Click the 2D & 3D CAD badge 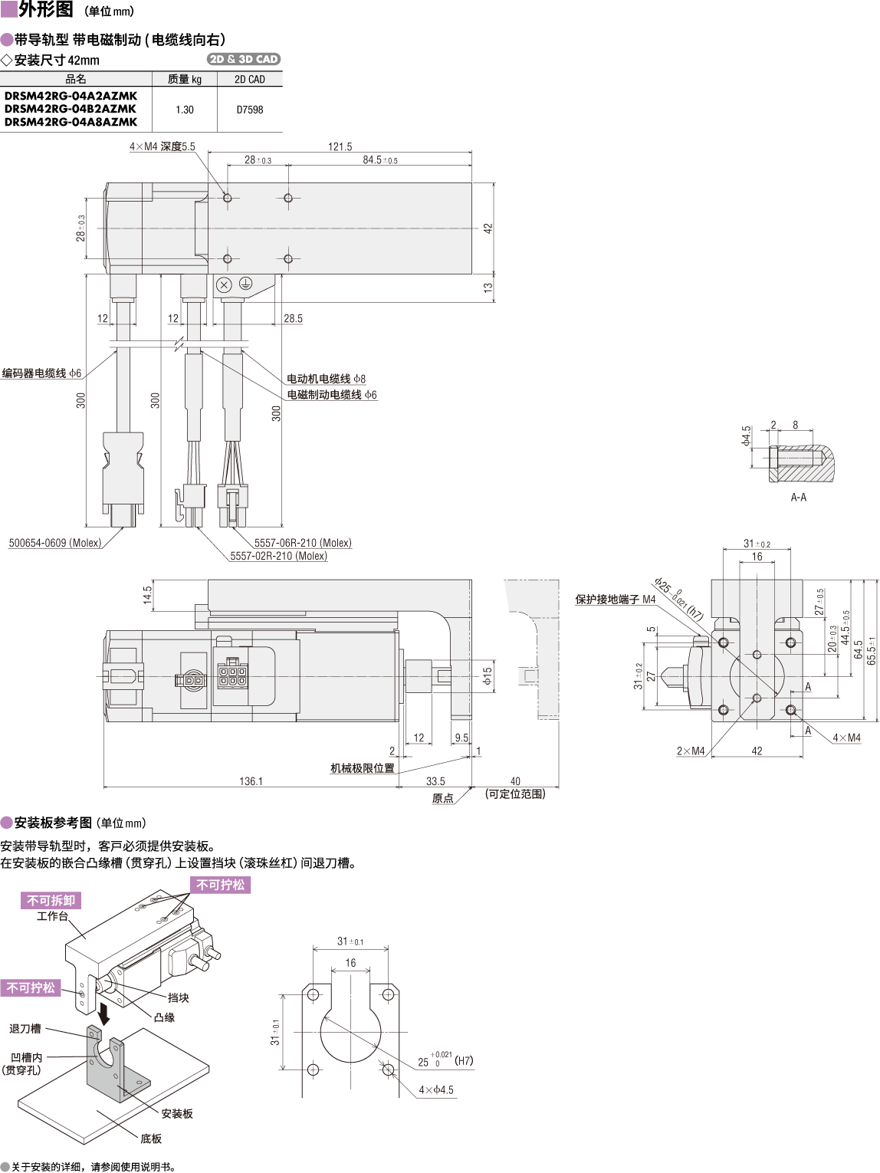click(244, 59)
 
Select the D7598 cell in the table click(250, 110)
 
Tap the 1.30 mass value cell click(185, 110)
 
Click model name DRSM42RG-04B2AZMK click(71, 109)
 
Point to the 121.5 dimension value click(340, 146)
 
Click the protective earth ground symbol click(245, 284)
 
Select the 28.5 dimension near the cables click(293, 318)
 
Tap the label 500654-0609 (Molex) click(55, 543)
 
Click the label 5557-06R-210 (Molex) click(303, 543)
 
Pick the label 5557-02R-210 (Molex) click(279, 556)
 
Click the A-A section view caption click(799, 497)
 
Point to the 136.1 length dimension click(251, 781)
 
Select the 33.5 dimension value click(435, 781)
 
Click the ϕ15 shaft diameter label click(487, 675)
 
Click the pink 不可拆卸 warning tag click(51, 900)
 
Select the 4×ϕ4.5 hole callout click(436, 1089)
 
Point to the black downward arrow click(103, 1014)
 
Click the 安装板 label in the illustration click(177, 1113)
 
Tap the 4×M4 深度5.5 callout click(163, 146)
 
